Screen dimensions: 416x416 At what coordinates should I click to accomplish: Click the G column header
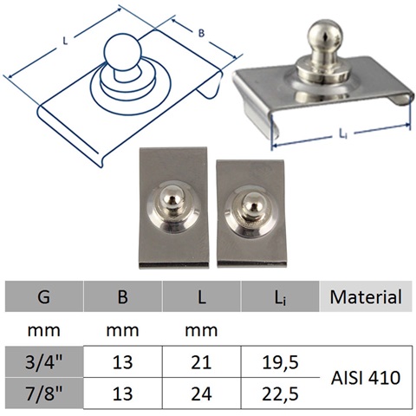44,296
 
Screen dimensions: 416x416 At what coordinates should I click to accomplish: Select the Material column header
366,296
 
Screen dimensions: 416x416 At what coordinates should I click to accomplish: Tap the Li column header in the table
280,296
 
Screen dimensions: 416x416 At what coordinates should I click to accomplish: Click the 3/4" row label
44,362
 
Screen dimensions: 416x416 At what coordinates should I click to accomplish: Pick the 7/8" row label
44,393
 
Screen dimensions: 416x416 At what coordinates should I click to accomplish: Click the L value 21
201,362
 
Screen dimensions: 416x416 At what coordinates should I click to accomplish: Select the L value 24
201,393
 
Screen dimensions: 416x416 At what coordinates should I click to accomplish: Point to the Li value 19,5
280,362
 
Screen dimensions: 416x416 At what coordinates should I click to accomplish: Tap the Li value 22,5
280,393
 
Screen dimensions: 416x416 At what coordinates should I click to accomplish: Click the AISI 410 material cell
366,378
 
